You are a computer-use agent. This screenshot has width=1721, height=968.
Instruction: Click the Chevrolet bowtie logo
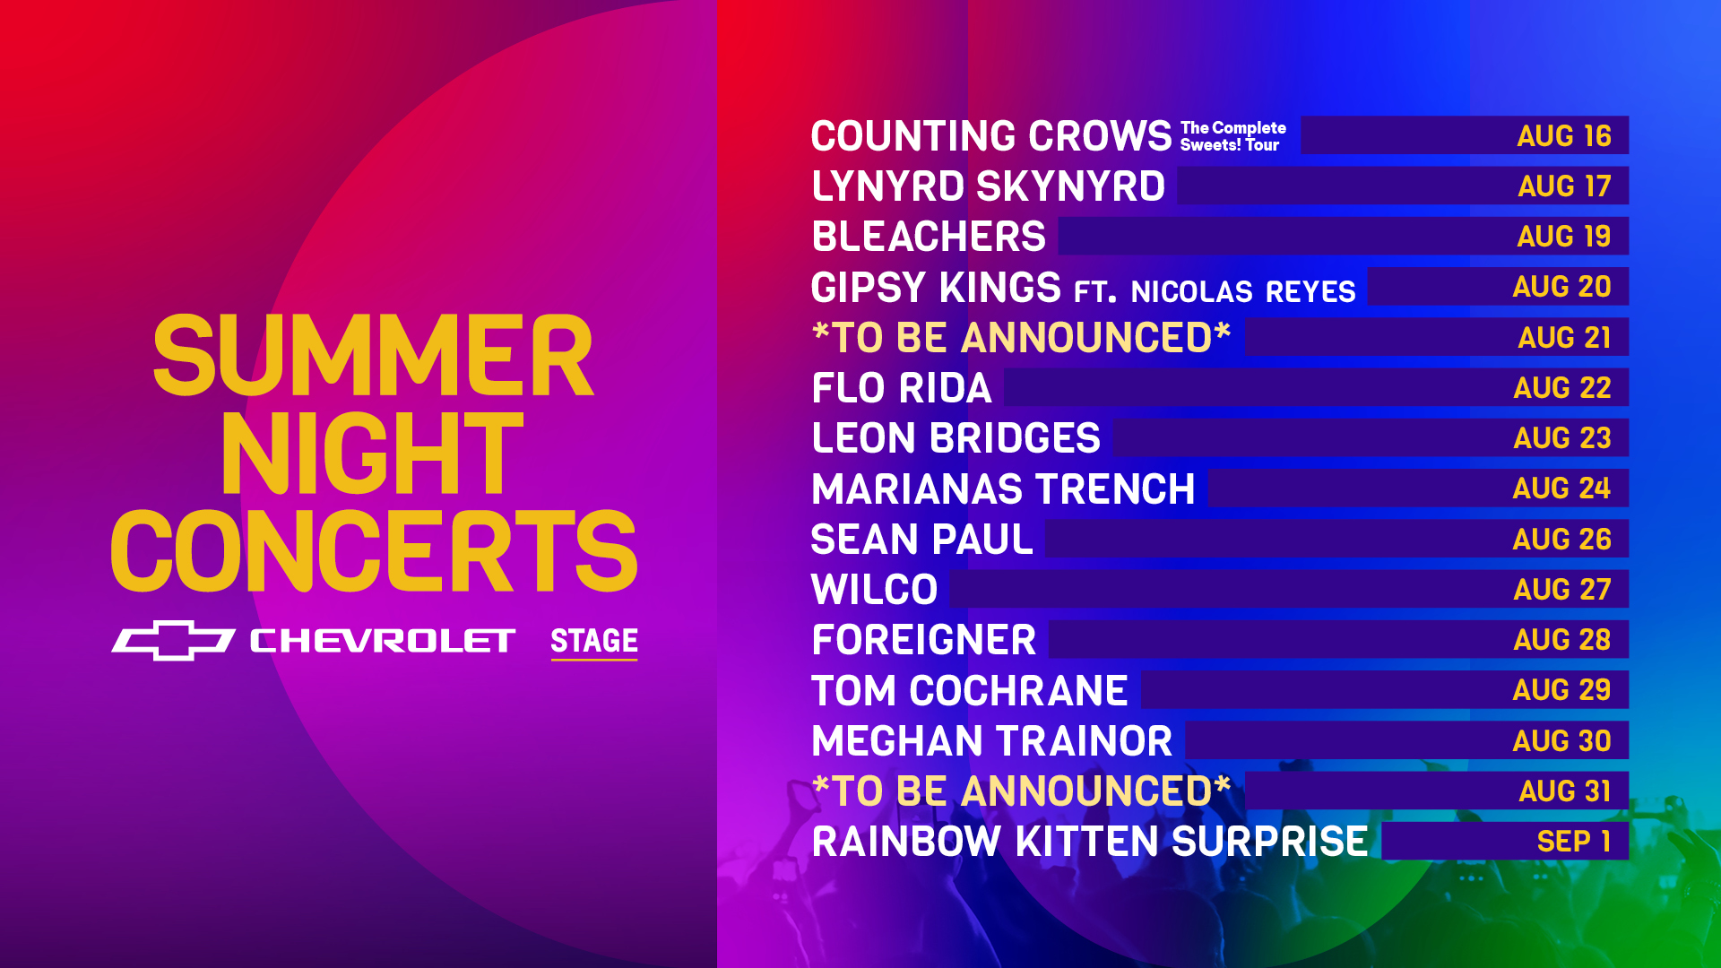(173, 640)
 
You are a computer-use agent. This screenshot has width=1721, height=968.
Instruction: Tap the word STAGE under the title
(594, 641)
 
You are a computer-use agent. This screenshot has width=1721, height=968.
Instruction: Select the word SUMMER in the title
(373, 356)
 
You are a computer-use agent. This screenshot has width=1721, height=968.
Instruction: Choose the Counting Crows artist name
(991, 136)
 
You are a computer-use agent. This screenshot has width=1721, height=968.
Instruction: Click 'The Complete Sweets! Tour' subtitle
(1233, 136)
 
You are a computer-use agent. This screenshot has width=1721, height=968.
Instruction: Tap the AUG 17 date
(1564, 186)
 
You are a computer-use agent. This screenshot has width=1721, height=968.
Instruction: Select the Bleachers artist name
(929, 237)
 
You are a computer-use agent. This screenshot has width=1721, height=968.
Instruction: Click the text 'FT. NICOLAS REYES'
(1215, 291)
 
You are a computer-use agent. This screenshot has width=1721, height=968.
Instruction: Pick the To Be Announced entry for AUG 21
(1021, 338)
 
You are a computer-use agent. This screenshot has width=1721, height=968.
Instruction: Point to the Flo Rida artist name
(902, 388)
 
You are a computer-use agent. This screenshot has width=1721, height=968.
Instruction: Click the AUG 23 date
(1562, 438)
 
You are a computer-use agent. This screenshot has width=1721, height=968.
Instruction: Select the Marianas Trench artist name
(1003, 489)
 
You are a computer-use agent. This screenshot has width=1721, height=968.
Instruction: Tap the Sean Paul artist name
(922, 540)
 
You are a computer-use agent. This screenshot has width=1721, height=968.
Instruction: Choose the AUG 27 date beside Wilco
(1562, 590)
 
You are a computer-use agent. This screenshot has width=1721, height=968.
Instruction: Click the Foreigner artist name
(924, 640)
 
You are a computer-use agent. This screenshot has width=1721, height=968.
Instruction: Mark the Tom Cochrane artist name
(970, 691)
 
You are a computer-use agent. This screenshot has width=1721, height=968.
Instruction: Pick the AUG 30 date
(1562, 741)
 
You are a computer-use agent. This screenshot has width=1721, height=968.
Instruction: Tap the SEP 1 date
(1574, 842)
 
